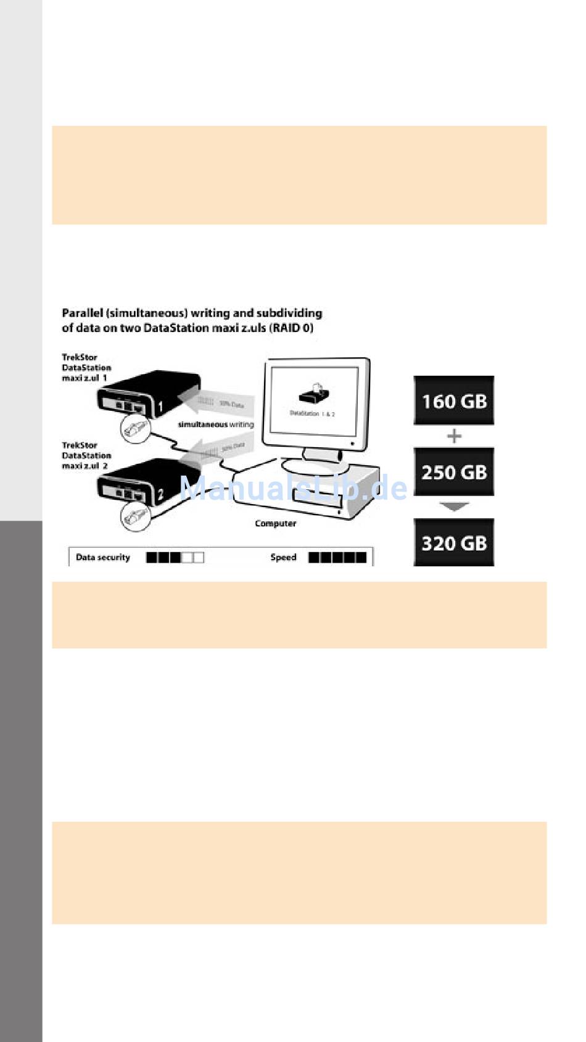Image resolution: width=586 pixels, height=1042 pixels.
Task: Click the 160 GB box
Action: click(453, 401)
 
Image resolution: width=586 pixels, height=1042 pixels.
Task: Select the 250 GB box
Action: click(453, 472)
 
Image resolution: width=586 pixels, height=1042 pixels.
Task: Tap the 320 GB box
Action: click(453, 543)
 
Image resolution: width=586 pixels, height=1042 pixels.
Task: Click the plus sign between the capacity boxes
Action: click(454, 436)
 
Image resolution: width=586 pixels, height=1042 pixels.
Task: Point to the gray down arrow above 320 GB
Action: click(454, 507)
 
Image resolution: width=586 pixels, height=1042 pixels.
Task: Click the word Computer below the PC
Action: click(276, 523)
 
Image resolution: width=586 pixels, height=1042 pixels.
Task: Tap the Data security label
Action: click(103, 557)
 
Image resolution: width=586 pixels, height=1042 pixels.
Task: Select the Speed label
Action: click(283, 557)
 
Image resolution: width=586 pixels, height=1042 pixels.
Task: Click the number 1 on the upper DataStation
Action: click(160, 407)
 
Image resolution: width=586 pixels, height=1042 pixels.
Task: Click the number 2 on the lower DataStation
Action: click(160, 494)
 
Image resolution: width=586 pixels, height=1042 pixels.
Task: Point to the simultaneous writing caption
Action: click(216, 424)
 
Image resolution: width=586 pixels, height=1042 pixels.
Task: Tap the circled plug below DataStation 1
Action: click(135, 426)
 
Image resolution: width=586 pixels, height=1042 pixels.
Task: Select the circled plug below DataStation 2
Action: click(135, 513)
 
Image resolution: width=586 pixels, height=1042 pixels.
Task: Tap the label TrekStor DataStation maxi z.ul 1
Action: click(86, 367)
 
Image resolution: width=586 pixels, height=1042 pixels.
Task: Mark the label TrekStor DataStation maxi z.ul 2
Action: click(86, 455)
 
